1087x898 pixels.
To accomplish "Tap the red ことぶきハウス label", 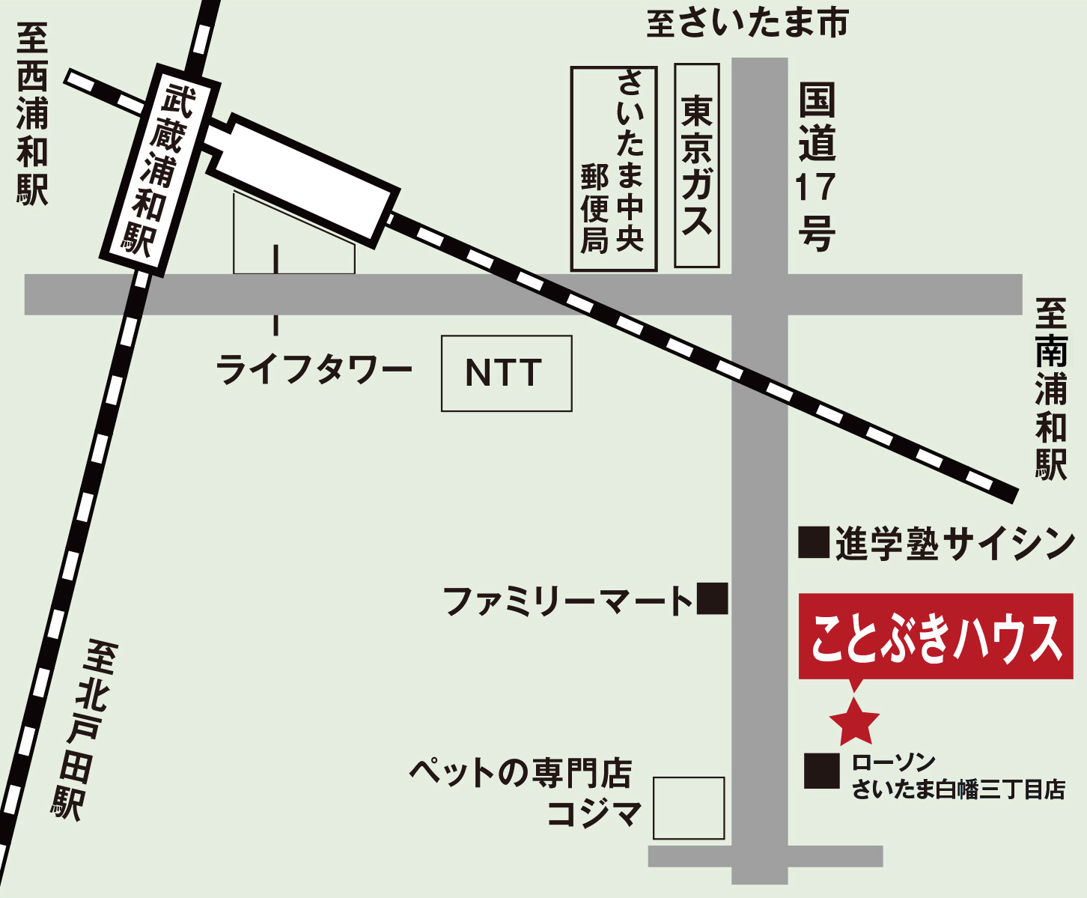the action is [936, 637].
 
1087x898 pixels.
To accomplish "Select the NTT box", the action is [506, 373].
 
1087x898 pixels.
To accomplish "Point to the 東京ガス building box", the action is [696, 166].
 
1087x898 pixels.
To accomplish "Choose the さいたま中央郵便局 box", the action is [613, 169].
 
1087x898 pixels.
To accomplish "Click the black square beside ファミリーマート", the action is [712, 598].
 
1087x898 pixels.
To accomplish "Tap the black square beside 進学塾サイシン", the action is [814, 542].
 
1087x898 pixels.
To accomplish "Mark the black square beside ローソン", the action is [821, 771].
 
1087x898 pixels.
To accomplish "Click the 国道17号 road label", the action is [816, 167].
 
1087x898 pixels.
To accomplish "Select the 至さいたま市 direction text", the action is [746, 23].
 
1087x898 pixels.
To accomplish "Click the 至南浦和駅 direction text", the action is [1051, 389].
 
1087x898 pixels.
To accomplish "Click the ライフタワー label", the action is [314, 370].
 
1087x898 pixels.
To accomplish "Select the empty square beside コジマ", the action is [689, 808].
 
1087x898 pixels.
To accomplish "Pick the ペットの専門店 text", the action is [520, 773].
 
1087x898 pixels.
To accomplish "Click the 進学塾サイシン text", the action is [954, 544].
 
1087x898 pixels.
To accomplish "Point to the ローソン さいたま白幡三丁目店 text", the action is [958, 776].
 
